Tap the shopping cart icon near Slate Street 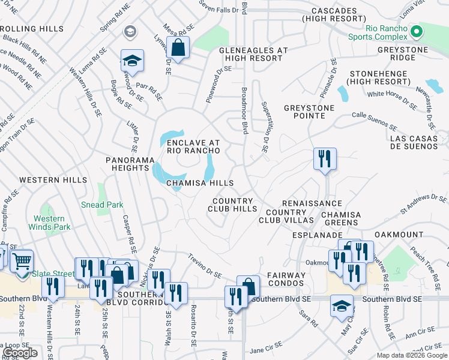point(21,261)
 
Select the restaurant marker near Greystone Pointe point(324,159)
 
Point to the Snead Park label point(102,205)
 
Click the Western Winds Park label point(49,223)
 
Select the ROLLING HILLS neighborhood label point(33,29)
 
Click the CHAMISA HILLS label point(200,183)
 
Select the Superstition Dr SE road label point(263,127)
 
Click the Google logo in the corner point(20,353)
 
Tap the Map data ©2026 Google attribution point(411,355)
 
